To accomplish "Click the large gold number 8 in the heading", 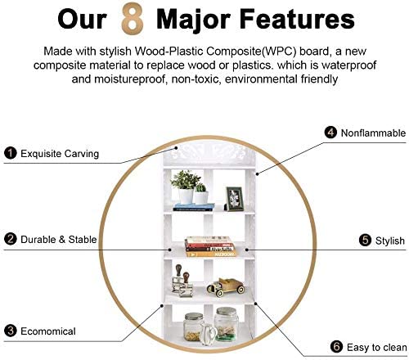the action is tap(133, 18).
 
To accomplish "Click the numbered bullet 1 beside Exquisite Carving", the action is tap(11, 153).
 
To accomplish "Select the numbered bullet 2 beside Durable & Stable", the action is tap(11, 239).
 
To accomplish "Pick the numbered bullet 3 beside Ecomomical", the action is tap(11, 331).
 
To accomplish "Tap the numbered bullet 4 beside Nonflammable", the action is tap(330, 133).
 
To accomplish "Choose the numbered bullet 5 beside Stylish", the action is tap(365, 241).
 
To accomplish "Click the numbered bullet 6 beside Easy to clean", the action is tap(336, 347).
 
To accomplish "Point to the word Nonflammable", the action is tap(373, 133).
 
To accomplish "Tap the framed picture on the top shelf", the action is tap(234, 199).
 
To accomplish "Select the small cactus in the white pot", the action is tap(201, 194).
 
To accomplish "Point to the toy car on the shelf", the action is tap(226, 287).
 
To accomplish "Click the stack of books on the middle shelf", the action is tap(210, 247).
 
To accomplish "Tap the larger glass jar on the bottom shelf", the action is tap(226, 324).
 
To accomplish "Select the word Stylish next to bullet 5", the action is tap(390, 241).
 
